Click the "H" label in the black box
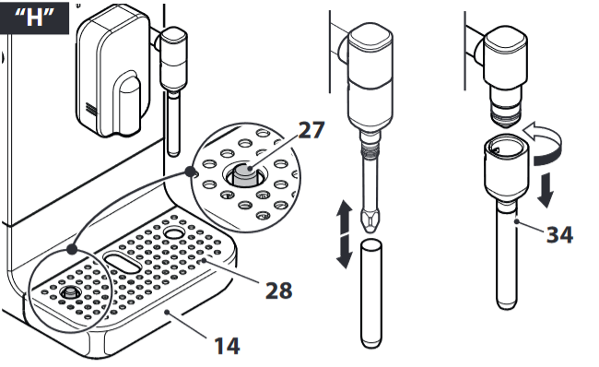click(x=35, y=19)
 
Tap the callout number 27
click(x=311, y=130)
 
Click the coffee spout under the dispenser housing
click(x=130, y=99)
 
